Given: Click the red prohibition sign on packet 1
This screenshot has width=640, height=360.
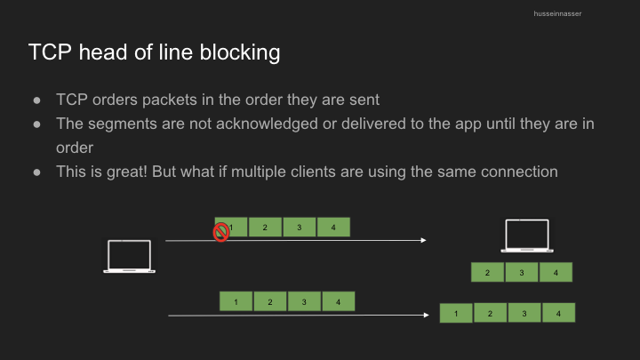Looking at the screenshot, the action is coord(220,232).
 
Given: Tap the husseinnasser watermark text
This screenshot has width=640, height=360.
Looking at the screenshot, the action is coord(557,14).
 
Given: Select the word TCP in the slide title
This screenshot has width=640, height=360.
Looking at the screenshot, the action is coord(50,52).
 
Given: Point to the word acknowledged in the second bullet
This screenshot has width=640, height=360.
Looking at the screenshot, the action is coord(267,124).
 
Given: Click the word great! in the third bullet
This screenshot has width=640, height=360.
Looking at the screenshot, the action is coord(126,172).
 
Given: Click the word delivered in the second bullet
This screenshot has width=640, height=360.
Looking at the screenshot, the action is coord(373,124).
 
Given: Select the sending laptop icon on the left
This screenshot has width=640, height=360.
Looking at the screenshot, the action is coord(129,256).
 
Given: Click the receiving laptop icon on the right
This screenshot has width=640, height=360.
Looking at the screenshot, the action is coord(527,236).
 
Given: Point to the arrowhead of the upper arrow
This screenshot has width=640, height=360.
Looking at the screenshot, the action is coord(423,240).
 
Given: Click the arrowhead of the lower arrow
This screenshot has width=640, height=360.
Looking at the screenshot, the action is coord(426,315).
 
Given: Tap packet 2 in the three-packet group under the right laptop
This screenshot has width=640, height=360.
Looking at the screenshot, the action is coord(487,272).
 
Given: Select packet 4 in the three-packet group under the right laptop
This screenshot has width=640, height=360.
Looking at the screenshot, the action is coord(556,272).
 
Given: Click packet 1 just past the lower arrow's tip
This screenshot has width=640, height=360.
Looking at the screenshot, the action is coord(456,313).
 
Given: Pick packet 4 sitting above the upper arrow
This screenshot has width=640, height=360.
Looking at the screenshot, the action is coord(333,227).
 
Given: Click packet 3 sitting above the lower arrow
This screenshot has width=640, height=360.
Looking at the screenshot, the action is coord(304,301).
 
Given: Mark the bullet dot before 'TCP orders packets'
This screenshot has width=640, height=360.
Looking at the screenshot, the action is coord(36,100).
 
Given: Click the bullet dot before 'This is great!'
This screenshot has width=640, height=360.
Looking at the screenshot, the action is coord(36,172).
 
